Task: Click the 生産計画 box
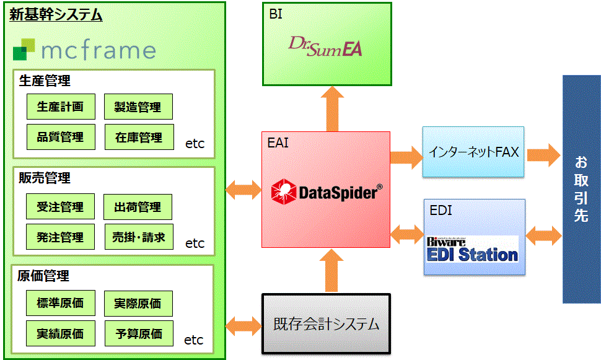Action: click(x=60, y=107)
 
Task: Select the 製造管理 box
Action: click(x=138, y=107)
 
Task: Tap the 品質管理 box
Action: click(x=60, y=137)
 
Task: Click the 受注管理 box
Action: click(x=60, y=206)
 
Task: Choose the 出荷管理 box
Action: click(x=138, y=207)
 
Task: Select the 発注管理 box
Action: click(x=60, y=237)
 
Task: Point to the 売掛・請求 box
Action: click(x=138, y=237)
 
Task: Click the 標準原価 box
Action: click(x=60, y=303)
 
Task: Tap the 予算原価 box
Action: click(x=138, y=333)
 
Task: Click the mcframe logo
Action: click(x=84, y=50)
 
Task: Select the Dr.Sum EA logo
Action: click(x=326, y=47)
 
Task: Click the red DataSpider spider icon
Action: click(x=284, y=192)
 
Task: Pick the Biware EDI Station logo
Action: click(x=472, y=250)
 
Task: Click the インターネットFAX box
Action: click(x=473, y=152)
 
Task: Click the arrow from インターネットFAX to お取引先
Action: click(x=543, y=153)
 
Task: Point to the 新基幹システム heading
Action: click(x=56, y=15)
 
